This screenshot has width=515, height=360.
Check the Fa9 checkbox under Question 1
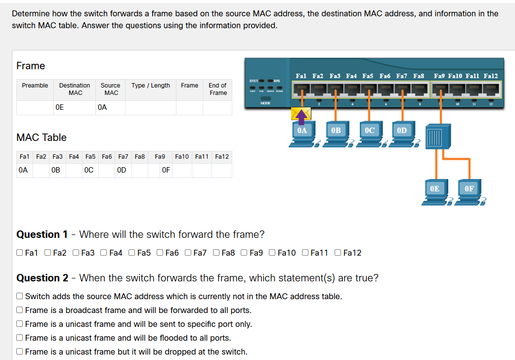245,253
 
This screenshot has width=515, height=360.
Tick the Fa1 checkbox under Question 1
20,253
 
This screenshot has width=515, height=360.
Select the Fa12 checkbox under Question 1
338,253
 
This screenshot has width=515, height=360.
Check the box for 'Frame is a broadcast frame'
20,311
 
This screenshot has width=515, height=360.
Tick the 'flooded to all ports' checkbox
20,338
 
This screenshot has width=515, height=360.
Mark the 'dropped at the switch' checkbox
20,352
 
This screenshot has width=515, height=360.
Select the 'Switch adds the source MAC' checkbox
20,297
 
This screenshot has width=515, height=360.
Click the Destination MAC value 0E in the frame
60,107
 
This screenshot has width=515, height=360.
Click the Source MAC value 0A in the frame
102,107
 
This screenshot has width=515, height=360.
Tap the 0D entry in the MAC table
122,170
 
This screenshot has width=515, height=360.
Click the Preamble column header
35,86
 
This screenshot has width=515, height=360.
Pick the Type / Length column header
151,86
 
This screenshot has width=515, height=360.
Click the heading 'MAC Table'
42,137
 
